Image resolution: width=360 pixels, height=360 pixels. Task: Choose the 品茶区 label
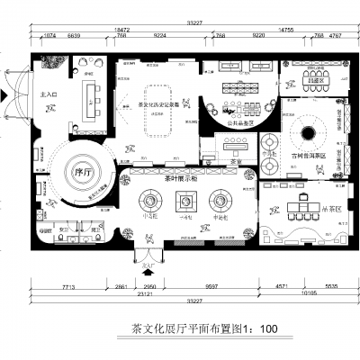(x=313, y=81)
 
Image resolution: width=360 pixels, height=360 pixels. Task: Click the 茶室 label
(x=233, y=150)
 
